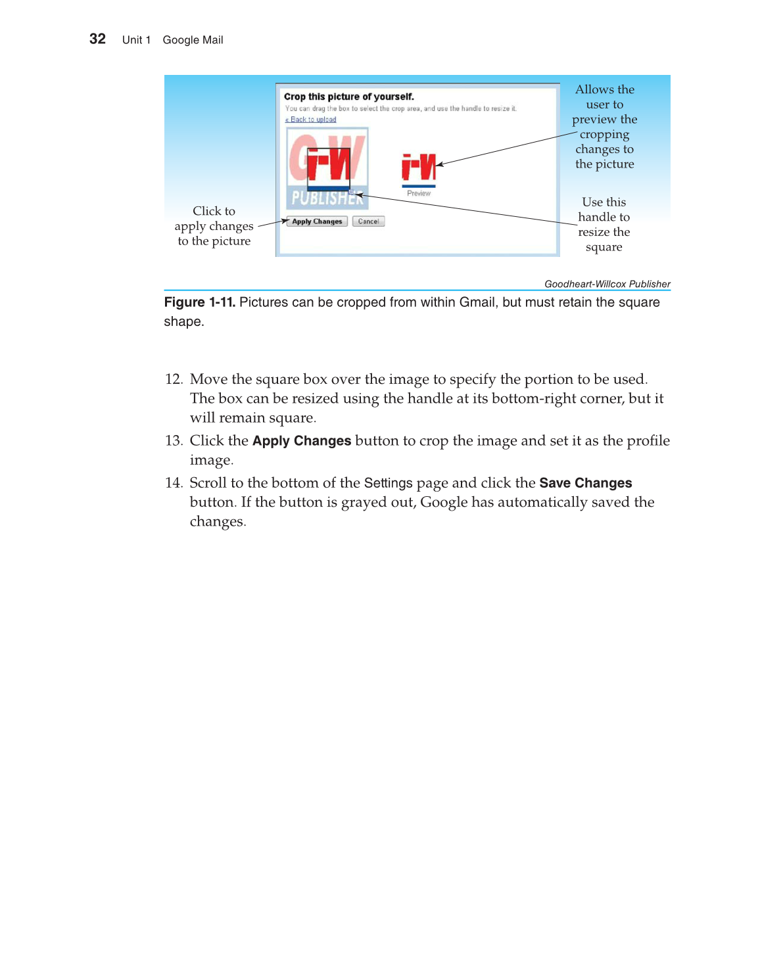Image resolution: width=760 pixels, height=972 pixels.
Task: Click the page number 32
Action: click(97, 39)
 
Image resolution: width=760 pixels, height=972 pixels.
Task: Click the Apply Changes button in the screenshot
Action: click(317, 221)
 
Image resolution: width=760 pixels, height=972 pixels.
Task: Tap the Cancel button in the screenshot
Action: click(368, 221)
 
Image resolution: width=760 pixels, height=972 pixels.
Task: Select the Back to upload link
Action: click(311, 120)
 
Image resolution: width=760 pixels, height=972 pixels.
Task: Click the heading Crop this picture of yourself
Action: click(348, 97)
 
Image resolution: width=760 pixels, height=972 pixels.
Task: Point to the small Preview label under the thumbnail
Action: click(419, 193)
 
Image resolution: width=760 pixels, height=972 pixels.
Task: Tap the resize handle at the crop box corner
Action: click(352, 192)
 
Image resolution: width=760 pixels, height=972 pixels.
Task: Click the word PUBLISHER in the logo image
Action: click(327, 198)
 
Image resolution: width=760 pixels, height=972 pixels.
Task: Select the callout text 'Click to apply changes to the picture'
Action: click(214, 226)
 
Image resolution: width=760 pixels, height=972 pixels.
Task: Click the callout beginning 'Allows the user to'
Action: click(604, 127)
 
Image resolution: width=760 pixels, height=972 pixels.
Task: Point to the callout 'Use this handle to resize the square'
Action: click(604, 225)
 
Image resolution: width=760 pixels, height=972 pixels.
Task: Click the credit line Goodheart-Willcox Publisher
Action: click(607, 284)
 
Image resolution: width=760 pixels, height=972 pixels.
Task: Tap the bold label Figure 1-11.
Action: click(199, 302)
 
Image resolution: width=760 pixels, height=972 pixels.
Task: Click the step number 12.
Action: click(173, 379)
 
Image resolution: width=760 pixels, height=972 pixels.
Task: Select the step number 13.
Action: click(173, 441)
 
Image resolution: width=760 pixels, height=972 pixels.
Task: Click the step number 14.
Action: click(173, 483)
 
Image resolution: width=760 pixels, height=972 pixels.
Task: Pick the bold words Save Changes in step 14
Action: click(585, 483)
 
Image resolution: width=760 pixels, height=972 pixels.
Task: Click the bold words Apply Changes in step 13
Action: click(302, 441)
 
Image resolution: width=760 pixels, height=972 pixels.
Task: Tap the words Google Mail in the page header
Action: click(193, 40)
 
